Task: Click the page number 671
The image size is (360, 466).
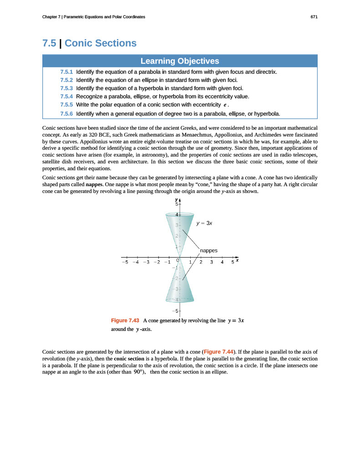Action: [314, 17]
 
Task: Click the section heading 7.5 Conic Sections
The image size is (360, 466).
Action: [89, 43]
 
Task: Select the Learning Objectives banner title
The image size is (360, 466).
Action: [180, 61]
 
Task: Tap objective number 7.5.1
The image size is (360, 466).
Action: [66, 72]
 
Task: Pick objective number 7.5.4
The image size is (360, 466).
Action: [66, 96]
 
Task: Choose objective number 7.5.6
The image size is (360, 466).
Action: [66, 113]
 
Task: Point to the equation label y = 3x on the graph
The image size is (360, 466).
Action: [204, 223]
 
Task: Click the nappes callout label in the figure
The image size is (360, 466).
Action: [209, 250]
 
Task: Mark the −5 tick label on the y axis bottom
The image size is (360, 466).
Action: [175, 311]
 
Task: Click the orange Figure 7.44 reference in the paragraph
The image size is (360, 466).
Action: [218, 352]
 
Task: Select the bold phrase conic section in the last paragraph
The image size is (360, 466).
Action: [135, 359]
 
